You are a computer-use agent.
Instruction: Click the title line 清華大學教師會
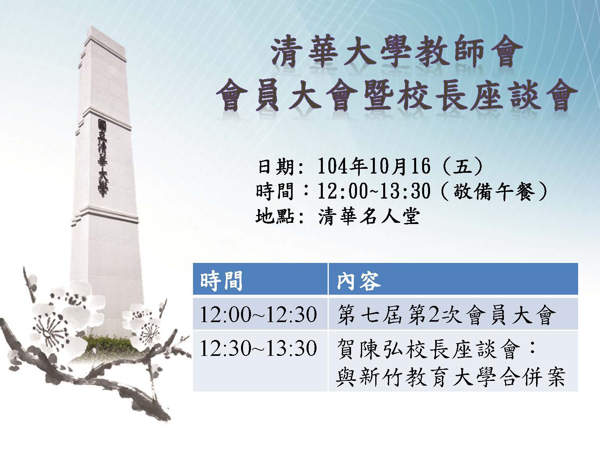(x=396, y=55)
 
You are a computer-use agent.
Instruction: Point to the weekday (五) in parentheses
(x=463, y=166)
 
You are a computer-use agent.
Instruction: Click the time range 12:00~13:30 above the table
(x=374, y=191)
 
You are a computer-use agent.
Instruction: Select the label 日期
(x=276, y=166)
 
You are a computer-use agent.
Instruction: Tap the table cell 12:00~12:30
(x=259, y=315)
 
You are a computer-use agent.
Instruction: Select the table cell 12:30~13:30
(x=259, y=348)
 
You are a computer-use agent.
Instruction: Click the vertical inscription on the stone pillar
(x=102, y=158)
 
